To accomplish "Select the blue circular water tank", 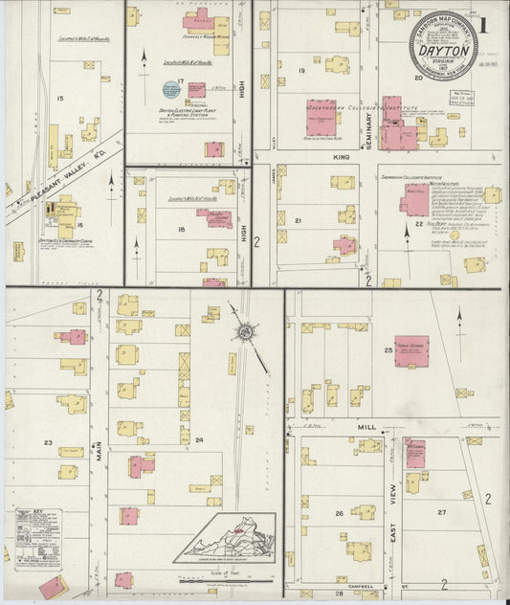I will point(170,91).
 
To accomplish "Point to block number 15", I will point(60,99).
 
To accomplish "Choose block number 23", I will point(47,442).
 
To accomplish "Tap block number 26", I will point(339,514).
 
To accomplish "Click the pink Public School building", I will point(411,351).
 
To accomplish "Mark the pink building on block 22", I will point(414,203).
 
